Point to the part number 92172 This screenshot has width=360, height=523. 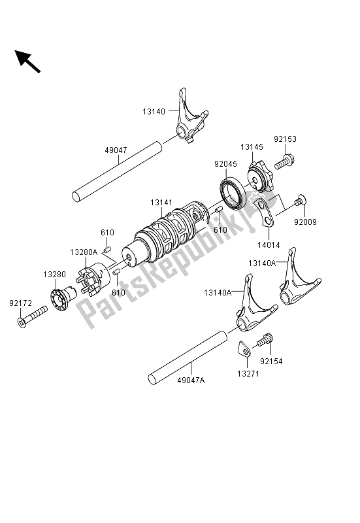(20, 303)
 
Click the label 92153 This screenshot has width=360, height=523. (285, 139)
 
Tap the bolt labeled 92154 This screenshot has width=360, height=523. (266, 340)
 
